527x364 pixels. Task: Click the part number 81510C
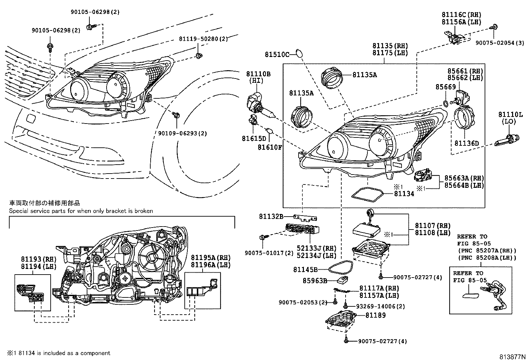click(x=277, y=54)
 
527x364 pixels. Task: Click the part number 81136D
click(x=466, y=143)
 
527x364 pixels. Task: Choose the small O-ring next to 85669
click(x=446, y=104)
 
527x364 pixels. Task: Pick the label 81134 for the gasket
click(x=404, y=194)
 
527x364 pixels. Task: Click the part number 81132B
click(x=271, y=217)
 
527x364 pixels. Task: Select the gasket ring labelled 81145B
click(x=341, y=267)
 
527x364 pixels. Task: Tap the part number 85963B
click(x=315, y=281)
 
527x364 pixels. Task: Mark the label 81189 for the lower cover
click(x=375, y=315)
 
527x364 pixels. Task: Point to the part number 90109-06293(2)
click(x=182, y=133)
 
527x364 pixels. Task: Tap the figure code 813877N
click(x=512, y=357)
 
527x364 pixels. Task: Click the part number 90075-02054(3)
click(x=500, y=43)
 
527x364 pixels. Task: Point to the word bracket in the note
click(x=114, y=211)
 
